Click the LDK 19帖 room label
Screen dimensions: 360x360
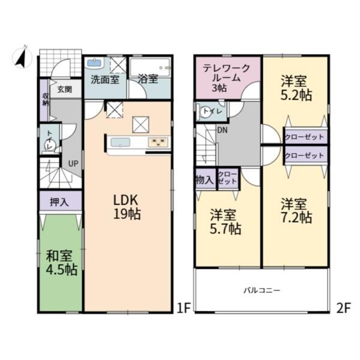pyautogui.click(x=127, y=207)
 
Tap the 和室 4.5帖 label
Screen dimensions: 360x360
pyautogui.click(x=61, y=263)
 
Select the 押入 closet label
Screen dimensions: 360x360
pyautogui.click(x=59, y=202)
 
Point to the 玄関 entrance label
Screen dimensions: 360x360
pyautogui.click(x=65, y=89)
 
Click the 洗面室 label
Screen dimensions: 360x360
pyautogui.click(x=105, y=79)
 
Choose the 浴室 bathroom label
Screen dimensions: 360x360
pyautogui.click(x=148, y=79)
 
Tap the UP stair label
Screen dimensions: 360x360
pyautogui.click(x=73, y=164)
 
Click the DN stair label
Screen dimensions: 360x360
pyautogui.click(x=222, y=130)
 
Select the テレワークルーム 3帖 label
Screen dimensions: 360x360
pyautogui.click(x=226, y=78)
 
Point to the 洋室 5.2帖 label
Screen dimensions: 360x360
pyautogui.click(x=296, y=88)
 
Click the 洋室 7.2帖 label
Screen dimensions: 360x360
pyautogui.click(x=296, y=211)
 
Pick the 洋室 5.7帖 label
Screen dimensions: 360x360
pyautogui.click(x=226, y=222)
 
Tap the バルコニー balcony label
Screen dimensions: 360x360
pyautogui.click(x=262, y=290)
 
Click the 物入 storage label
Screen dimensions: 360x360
pyautogui.click(x=205, y=180)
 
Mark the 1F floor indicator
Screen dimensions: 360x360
pyautogui.click(x=184, y=308)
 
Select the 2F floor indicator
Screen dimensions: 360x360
pyautogui.click(x=344, y=308)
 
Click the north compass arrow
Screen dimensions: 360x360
pyautogui.click(x=21, y=58)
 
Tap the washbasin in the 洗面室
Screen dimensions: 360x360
pyautogui.click(x=94, y=62)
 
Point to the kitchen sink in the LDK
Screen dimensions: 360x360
pyautogui.click(x=120, y=142)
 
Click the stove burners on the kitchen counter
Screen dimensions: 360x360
pyautogui.click(x=158, y=142)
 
